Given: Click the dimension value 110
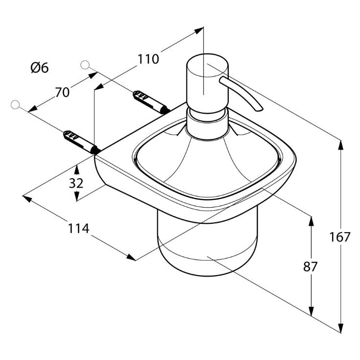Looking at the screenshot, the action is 148,59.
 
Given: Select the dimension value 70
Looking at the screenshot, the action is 62,92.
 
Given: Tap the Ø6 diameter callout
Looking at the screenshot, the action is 40,68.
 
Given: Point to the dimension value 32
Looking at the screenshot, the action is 76,183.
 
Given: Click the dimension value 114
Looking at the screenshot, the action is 78,228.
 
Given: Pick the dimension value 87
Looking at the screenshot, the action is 310,266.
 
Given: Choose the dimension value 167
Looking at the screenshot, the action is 339,237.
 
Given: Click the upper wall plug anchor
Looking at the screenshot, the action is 151,102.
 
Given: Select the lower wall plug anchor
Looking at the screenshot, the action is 81,142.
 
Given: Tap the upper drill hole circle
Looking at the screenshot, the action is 85,65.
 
